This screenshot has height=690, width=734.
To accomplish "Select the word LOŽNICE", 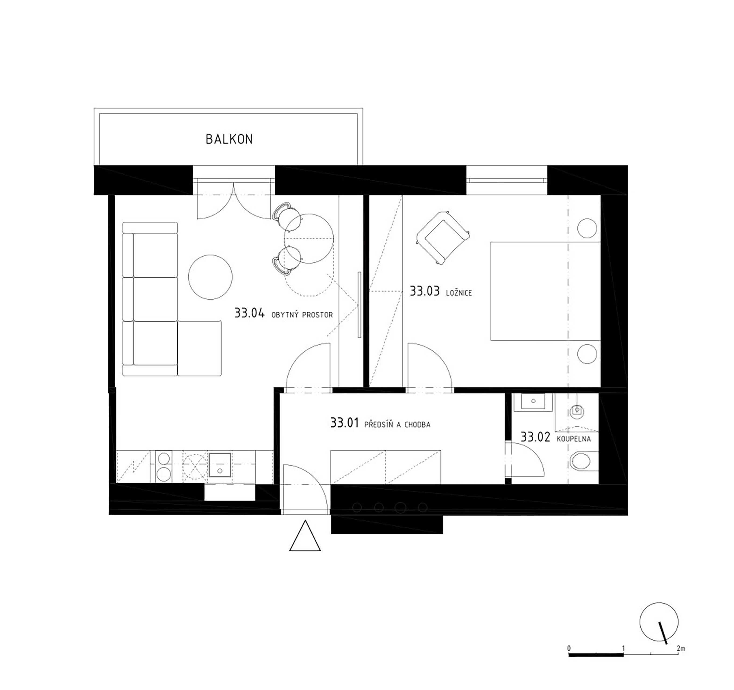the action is click(x=459, y=293).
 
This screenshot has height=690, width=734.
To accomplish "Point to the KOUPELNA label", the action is click(x=573, y=439).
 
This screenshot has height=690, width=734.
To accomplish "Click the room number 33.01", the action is click(x=344, y=423).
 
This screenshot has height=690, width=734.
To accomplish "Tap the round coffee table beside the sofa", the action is click(x=210, y=277).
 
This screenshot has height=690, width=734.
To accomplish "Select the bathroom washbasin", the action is click(x=533, y=402).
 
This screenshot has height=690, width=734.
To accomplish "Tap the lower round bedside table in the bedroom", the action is click(x=587, y=354).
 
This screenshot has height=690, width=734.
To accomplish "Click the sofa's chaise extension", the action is click(x=199, y=348).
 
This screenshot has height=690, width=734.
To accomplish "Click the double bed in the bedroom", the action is click(x=545, y=291).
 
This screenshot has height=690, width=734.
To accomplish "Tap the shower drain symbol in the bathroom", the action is click(x=576, y=410).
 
